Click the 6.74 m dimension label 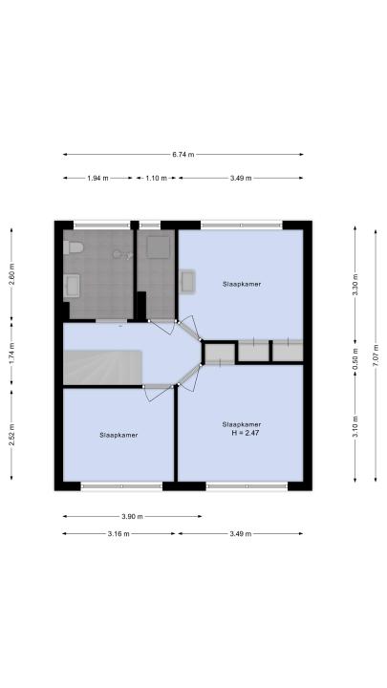pyautogui.click(x=183, y=155)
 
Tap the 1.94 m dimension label pyautogui.click(x=97, y=178)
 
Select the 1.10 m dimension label pyautogui.click(x=157, y=178)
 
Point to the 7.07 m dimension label pyautogui.click(x=376, y=355)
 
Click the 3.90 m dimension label pyautogui.click(x=132, y=516)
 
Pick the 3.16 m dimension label pyautogui.click(x=118, y=534)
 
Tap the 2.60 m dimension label pyautogui.click(x=11, y=274)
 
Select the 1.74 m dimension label pyautogui.click(x=11, y=354)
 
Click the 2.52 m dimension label pyautogui.click(x=11, y=435)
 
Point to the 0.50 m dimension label pyautogui.click(x=355, y=358)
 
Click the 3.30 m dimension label pyautogui.click(x=355, y=285)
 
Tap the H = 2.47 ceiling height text pyautogui.click(x=242, y=433)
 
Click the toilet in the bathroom pyautogui.click(x=73, y=247)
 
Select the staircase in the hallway pyautogui.click(x=102, y=368)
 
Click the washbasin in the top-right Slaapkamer pyautogui.click(x=188, y=281)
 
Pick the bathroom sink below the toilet pyautogui.click(x=72, y=286)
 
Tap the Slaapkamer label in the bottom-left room pyautogui.click(x=118, y=436)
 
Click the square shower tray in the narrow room pyautogui.click(x=159, y=247)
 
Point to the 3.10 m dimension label pyautogui.click(x=355, y=426)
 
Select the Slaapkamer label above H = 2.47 pyautogui.click(x=242, y=424)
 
